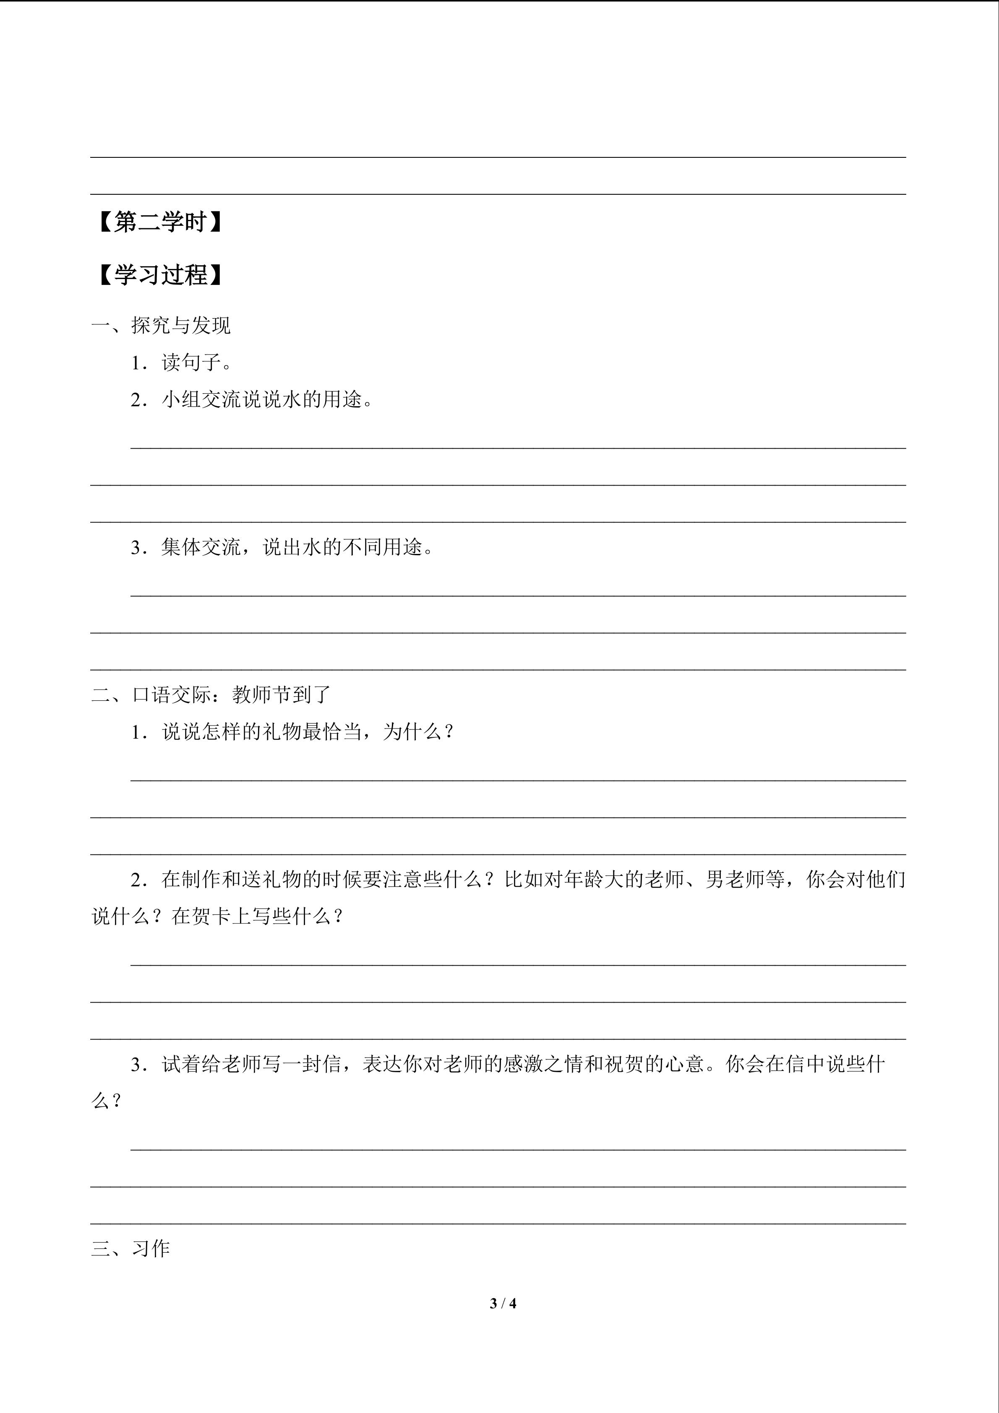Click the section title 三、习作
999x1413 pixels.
coord(130,1248)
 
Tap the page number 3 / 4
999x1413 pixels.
coord(503,1303)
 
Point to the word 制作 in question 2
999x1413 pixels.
coord(202,880)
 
